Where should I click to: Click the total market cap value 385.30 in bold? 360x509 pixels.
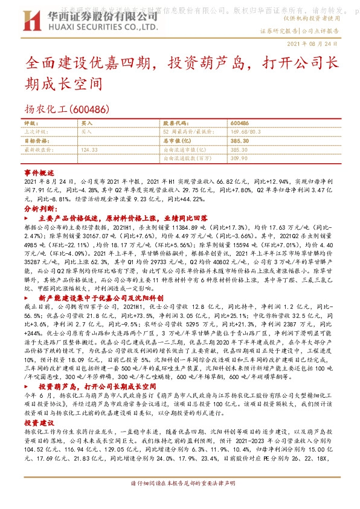click(240, 140)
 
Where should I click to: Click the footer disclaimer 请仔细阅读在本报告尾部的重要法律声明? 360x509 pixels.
click(180, 501)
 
